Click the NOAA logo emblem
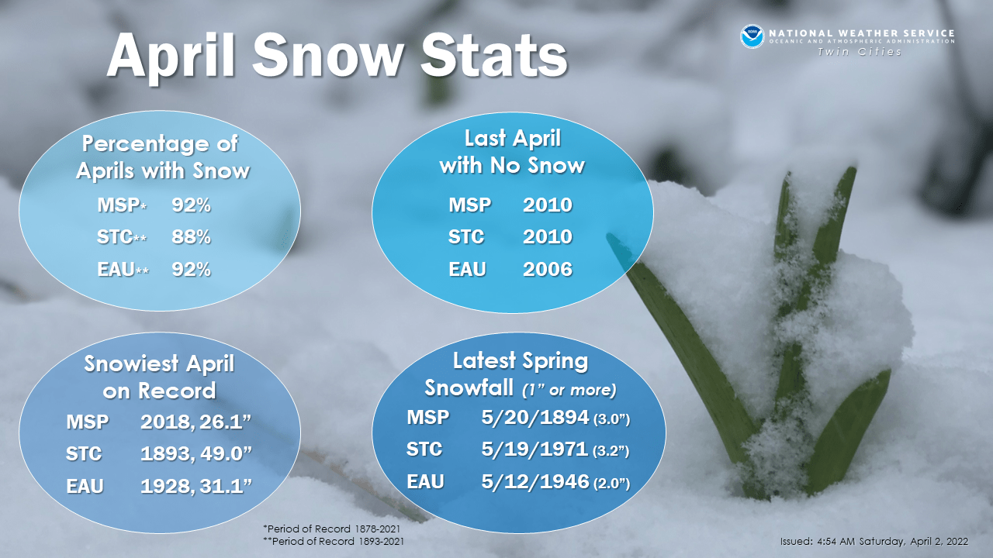pyautogui.click(x=752, y=36)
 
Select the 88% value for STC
pyautogui.click(x=191, y=236)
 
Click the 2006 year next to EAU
pyautogui.click(x=547, y=269)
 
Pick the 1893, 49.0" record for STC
pyautogui.click(x=198, y=453)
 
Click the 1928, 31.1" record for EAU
pyautogui.click(x=196, y=486)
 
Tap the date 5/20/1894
pyautogui.click(x=534, y=417)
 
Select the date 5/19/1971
pyautogui.click(x=534, y=449)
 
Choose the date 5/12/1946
pyautogui.click(x=534, y=481)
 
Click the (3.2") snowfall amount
pyautogui.click(x=611, y=450)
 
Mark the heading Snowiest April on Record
pyautogui.click(x=159, y=377)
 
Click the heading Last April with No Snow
pyautogui.click(x=512, y=152)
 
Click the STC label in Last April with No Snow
pyautogui.click(x=466, y=237)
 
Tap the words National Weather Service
pyautogui.click(x=861, y=33)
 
